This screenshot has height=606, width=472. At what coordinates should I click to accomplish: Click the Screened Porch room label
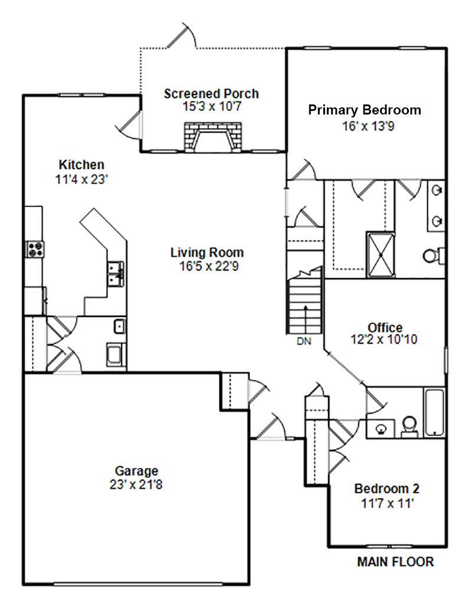(x=211, y=94)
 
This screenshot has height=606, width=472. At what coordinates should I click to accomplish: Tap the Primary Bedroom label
(x=365, y=110)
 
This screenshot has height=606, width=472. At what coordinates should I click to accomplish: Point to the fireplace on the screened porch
(x=213, y=137)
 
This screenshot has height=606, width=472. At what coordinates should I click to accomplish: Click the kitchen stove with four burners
(x=35, y=248)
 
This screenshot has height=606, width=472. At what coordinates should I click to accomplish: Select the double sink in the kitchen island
(x=116, y=274)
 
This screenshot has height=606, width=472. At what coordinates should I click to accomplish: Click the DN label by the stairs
(x=304, y=341)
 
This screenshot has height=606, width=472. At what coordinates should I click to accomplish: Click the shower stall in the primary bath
(x=381, y=255)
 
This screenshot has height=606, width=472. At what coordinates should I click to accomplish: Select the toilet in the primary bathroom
(x=433, y=255)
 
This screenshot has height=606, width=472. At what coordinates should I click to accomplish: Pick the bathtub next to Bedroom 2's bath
(x=434, y=413)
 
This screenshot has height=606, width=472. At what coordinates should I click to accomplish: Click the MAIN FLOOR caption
(x=395, y=562)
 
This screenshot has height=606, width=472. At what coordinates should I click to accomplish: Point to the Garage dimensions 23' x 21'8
(x=136, y=484)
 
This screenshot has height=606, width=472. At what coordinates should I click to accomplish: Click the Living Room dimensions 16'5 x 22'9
(x=209, y=266)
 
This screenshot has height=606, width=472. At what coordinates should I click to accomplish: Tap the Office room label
(x=385, y=327)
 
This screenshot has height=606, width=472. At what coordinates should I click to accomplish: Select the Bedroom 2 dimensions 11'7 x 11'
(x=388, y=503)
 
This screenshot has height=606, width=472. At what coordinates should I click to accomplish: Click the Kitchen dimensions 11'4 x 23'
(x=81, y=179)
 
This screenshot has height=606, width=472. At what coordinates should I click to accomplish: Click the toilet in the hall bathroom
(x=409, y=427)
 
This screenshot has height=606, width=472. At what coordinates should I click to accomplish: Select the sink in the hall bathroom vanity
(x=381, y=428)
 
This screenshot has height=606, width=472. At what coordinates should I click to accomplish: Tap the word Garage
(x=136, y=471)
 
